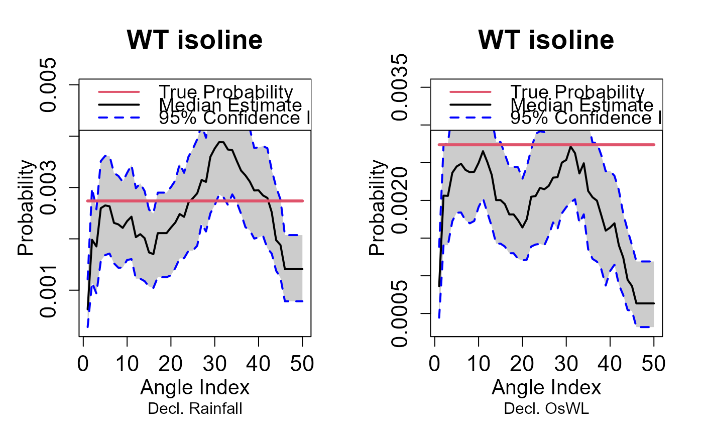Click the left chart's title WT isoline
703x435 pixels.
pos(195,40)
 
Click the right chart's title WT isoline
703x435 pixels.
pos(546,40)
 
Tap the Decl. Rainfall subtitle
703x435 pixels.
pos(195,409)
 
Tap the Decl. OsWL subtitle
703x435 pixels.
pos(546,409)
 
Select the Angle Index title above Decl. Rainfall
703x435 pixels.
pos(195,388)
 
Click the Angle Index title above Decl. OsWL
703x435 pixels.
pos(546,388)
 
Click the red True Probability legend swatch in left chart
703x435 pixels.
pos(119,92)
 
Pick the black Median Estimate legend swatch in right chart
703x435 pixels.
pos(470,105)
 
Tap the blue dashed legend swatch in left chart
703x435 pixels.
pos(119,119)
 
